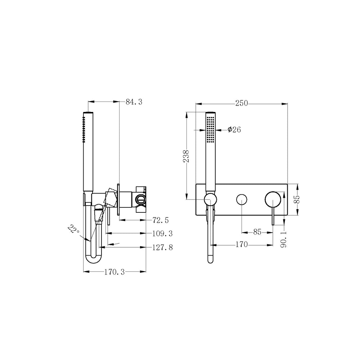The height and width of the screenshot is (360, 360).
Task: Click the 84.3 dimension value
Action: [134, 102]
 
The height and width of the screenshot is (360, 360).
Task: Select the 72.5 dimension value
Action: [161, 220]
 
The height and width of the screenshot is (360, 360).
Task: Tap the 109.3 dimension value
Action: [162, 234]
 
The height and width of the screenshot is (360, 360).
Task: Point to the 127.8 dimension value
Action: [162, 247]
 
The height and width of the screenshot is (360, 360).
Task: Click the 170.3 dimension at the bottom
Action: [114, 272]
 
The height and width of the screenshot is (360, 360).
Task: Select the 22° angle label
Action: [73, 229]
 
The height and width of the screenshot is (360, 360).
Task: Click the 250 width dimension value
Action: [242, 103]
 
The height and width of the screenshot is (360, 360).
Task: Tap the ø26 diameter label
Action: [234, 130]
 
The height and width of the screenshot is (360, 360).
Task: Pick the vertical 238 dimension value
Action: [186, 156]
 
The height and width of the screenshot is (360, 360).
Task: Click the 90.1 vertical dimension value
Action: [284, 239]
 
